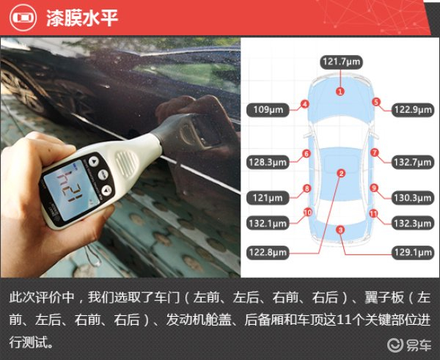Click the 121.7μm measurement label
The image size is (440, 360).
tap(341, 62)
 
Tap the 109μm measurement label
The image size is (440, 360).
tap(268, 110)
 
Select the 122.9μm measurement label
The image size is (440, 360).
tap(413, 110)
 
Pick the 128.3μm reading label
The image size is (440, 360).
tap(268, 162)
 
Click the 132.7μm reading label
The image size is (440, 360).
tap(413, 162)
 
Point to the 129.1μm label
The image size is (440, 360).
tap(413, 252)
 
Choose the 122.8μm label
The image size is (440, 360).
tap(268, 252)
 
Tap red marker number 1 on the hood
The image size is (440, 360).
tap(340, 91)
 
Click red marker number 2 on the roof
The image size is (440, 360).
tap(341, 173)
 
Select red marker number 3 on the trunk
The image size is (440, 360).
tap(340, 230)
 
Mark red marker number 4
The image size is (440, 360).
tap(305, 104)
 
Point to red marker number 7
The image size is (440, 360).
tap(375, 153)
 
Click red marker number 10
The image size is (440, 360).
tap(307, 213)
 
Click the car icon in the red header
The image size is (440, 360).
tap(23, 18)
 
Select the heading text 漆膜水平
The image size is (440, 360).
tap(82, 18)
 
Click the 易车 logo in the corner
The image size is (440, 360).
tap(409, 345)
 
